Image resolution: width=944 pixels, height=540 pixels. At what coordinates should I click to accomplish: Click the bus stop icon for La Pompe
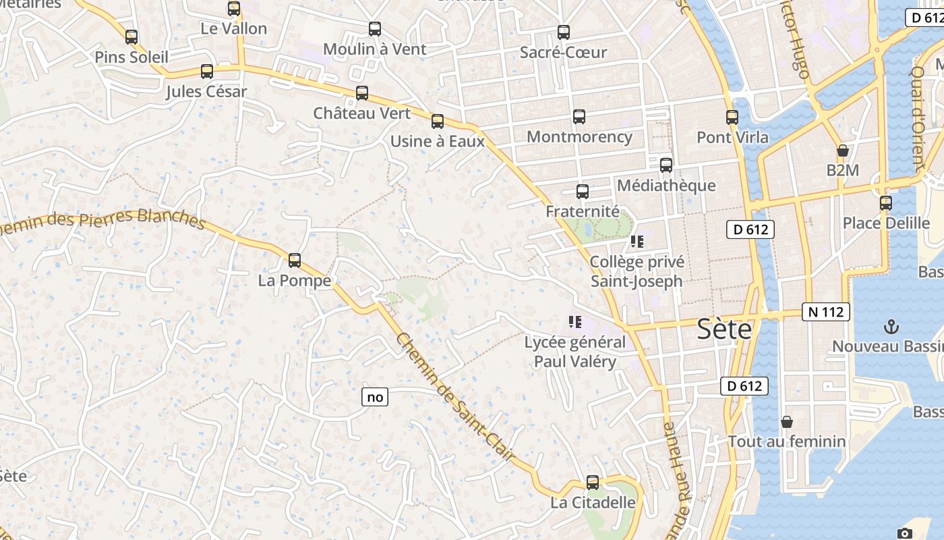(294, 261)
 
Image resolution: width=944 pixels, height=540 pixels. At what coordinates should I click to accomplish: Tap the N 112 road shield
(825, 312)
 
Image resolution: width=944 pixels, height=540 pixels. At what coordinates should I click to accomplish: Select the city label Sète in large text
(724, 329)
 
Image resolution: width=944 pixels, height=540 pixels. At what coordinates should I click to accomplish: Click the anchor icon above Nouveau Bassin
(891, 327)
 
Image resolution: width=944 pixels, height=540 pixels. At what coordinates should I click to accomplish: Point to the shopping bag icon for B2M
(842, 151)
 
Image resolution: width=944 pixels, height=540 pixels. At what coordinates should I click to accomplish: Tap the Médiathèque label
(666, 185)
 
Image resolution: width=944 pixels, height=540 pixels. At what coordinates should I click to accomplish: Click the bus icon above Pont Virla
(732, 117)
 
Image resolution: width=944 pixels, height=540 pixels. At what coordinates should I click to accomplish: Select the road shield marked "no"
(375, 397)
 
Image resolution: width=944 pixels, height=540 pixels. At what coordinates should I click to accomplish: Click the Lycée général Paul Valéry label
(575, 352)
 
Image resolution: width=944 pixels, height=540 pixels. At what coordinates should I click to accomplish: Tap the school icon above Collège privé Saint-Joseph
(637, 241)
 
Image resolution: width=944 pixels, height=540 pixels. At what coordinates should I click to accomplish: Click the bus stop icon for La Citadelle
(593, 483)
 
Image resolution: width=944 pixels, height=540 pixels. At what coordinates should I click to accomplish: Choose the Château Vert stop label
(361, 113)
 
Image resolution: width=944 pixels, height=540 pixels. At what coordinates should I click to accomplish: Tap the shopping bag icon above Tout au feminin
(787, 423)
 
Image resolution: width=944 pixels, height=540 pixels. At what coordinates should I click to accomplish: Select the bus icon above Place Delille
(886, 203)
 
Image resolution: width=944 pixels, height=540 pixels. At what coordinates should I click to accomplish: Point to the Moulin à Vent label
(375, 49)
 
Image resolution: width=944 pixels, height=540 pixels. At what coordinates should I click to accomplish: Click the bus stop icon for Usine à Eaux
(438, 122)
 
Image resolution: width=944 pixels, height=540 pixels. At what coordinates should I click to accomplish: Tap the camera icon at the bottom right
(905, 534)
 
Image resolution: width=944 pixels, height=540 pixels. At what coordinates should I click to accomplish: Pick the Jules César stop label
(206, 91)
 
